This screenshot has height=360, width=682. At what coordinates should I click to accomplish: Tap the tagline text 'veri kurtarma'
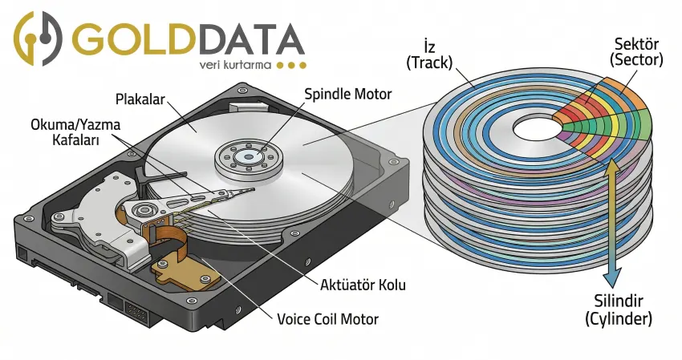point(233,64)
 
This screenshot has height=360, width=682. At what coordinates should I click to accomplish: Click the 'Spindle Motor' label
point(348,94)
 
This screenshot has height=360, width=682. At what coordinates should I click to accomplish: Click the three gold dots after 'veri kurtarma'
point(290,65)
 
